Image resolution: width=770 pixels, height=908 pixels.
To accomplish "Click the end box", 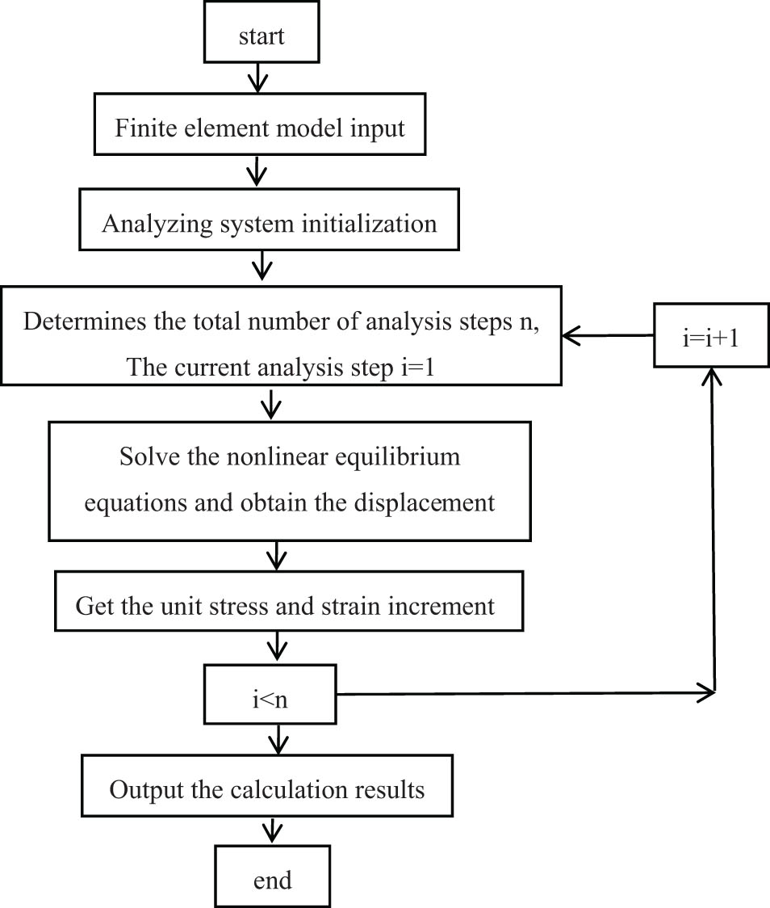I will tap(272, 879).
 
